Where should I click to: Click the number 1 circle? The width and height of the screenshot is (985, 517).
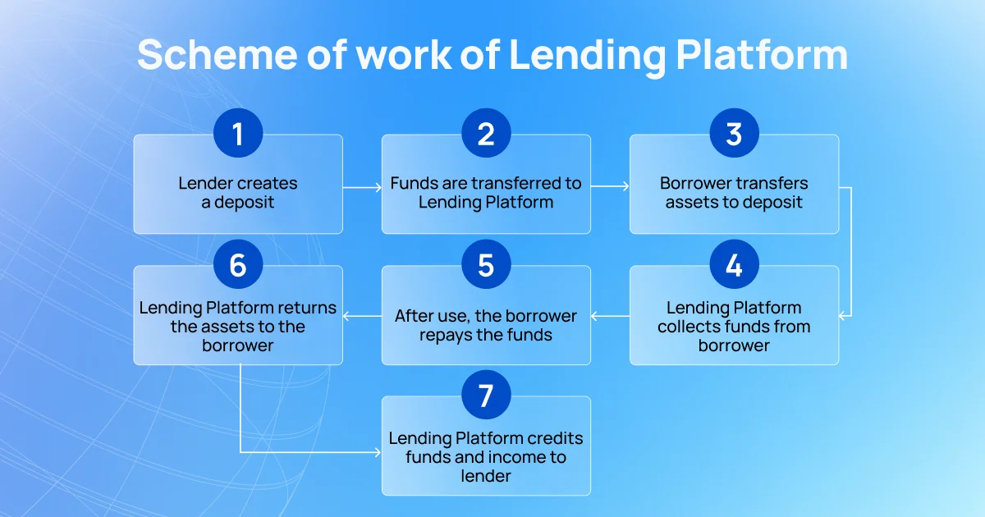pos(238,133)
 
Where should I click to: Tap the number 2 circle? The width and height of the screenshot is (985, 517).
pos(486,133)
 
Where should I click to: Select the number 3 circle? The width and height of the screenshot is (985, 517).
pos(734,133)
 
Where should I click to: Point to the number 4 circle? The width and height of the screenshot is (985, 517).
pos(734,263)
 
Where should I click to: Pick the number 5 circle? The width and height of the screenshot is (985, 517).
pos(486,263)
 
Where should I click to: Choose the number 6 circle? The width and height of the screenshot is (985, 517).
pos(238,263)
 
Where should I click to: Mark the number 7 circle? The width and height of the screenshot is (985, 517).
pos(486,395)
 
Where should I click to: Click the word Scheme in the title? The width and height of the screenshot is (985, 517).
pos(218,54)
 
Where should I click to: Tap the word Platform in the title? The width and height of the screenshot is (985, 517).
pos(762,56)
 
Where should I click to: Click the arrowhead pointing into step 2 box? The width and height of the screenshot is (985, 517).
pos(378,188)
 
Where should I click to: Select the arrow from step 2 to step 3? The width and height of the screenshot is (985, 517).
pos(610,186)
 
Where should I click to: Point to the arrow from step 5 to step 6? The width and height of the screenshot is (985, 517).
pos(362,316)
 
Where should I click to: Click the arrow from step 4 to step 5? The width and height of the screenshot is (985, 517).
pos(611,316)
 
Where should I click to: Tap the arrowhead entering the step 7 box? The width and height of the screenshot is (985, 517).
pos(378,452)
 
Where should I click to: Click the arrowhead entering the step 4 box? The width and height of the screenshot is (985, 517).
pos(842,316)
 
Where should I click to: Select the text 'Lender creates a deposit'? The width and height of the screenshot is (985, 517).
pos(238,193)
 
